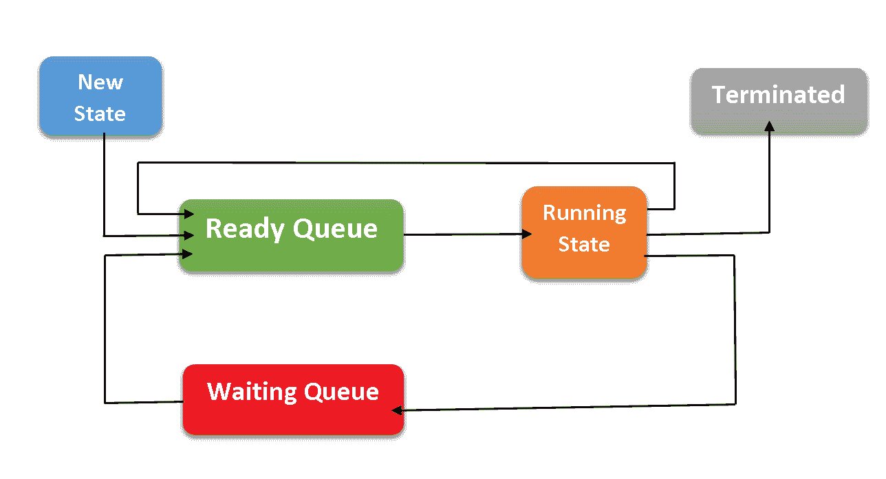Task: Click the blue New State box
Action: [100, 96]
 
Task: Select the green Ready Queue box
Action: [291, 235]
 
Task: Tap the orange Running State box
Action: [583, 232]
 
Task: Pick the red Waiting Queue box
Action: [293, 399]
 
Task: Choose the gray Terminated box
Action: [778, 100]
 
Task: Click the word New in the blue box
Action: [100, 82]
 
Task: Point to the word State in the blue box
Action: [100, 113]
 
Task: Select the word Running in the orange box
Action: [584, 212]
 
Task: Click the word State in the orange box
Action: [583, 245]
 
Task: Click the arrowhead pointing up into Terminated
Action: [769, 126]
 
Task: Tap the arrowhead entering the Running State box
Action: [527, 234]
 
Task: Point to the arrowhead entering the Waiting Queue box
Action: [397, 410]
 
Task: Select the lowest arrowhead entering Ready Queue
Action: [188, 254]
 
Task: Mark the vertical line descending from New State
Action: [103, 186]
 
